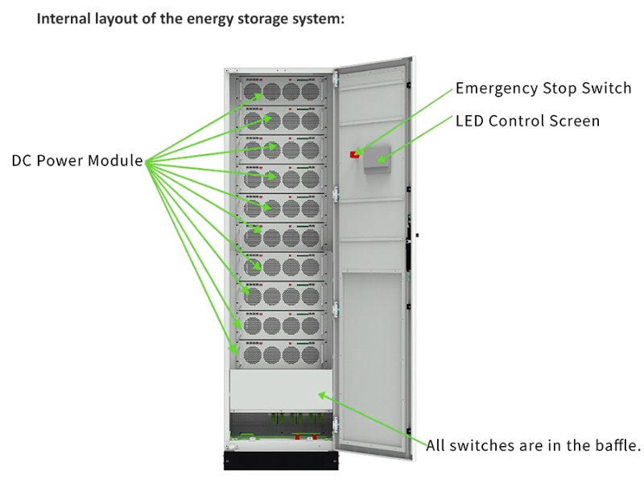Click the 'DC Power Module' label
[77, 161]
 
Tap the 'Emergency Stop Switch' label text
[543, 89]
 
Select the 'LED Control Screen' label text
[527, 122]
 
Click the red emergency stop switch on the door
[353, 154]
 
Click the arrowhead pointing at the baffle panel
[322, 394]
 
